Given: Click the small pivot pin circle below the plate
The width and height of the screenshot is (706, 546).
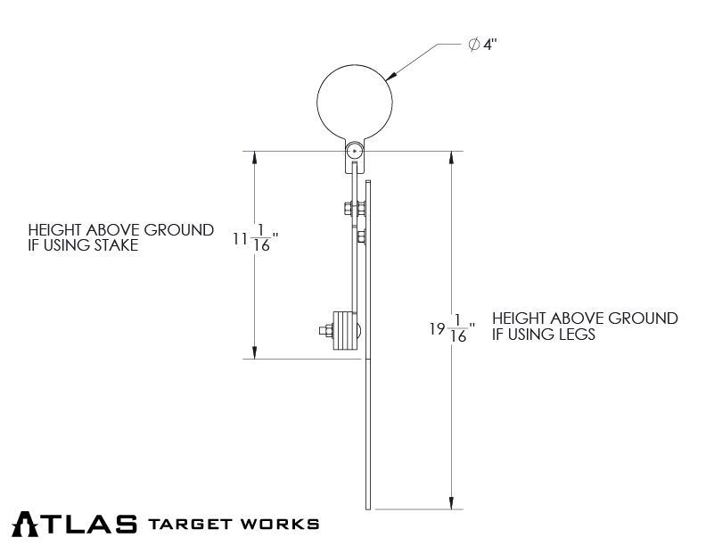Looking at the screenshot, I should point(355,153).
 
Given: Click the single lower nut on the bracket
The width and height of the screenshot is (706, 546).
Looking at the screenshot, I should point(360,237).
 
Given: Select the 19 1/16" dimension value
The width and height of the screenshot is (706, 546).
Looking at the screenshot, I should point(451,328).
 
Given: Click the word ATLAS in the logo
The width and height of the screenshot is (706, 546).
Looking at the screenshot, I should point(76,523).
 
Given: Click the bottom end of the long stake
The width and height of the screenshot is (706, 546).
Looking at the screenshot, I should point(368,506).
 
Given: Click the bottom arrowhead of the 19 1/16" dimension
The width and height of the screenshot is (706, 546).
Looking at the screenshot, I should point(453,502).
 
